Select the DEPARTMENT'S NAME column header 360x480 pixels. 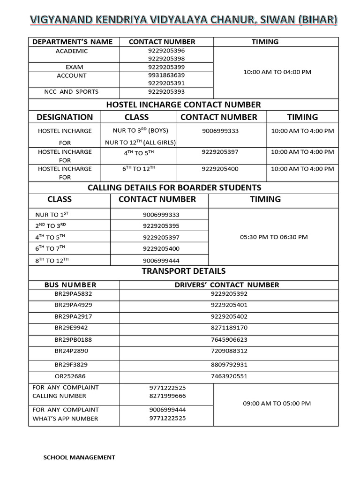(72, 42)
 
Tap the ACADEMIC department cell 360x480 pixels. (72, 51)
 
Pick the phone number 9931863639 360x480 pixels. (166, 75)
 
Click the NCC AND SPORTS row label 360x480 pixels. (71, 91)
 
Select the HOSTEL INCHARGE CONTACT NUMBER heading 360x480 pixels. (183, 104)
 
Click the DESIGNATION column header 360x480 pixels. (65, 117)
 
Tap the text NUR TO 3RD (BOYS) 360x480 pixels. (140, 131)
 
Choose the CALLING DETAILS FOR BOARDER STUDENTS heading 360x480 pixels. (174, 187)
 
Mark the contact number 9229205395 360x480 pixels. (161, 226)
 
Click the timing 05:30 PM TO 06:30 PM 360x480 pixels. (274, 237)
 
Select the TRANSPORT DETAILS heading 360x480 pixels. (183, 271)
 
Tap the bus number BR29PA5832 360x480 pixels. (74, 294)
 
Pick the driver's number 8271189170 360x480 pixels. (229, 328)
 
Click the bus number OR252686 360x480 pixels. (70, 376)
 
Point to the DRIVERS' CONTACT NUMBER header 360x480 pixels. (226, 285)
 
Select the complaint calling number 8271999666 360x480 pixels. (167, 396)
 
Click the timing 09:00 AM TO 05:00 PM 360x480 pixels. (277, 403)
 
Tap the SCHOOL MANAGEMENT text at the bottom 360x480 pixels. (79, 457)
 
